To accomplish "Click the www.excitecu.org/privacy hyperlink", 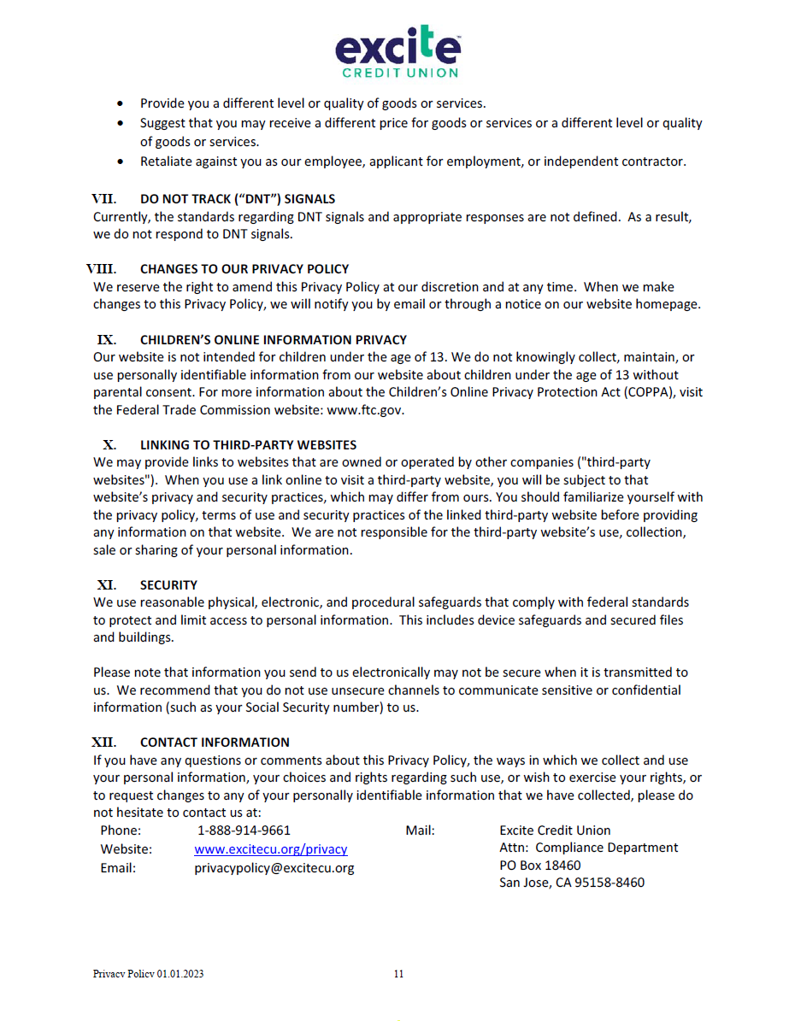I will (270, 849).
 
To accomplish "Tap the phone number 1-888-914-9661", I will (244, 830).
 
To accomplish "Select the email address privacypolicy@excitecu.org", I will (274, 868).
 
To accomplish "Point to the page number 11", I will (398, 974).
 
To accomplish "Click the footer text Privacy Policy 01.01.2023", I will (148, 974).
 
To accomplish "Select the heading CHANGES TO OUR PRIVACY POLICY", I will (244, 269).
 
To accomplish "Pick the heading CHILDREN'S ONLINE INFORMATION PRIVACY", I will (274, 339).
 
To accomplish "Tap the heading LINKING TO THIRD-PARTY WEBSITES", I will (248, 444).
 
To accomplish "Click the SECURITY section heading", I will (168, 585).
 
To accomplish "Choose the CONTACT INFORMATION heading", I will (215, 742).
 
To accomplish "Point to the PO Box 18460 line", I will (539, 866).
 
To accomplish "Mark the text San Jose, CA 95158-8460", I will (572, 883).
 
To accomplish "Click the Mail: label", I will (420, 830).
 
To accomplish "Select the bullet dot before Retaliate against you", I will (121, 161).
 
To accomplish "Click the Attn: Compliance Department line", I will (588, 848).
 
